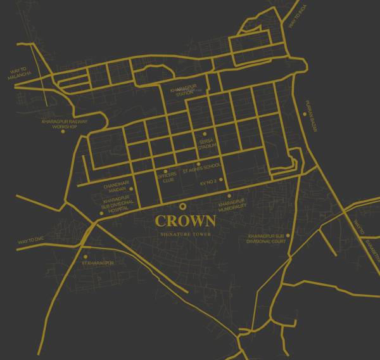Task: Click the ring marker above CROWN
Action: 183,206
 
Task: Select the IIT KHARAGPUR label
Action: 98,262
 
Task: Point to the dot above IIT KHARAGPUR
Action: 85,256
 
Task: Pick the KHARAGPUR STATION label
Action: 182,93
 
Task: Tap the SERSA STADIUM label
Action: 207,143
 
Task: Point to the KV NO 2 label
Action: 208,181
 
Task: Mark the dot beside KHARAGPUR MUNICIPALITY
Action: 229,196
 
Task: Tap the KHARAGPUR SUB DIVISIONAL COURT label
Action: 268,239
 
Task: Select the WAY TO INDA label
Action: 298,16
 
